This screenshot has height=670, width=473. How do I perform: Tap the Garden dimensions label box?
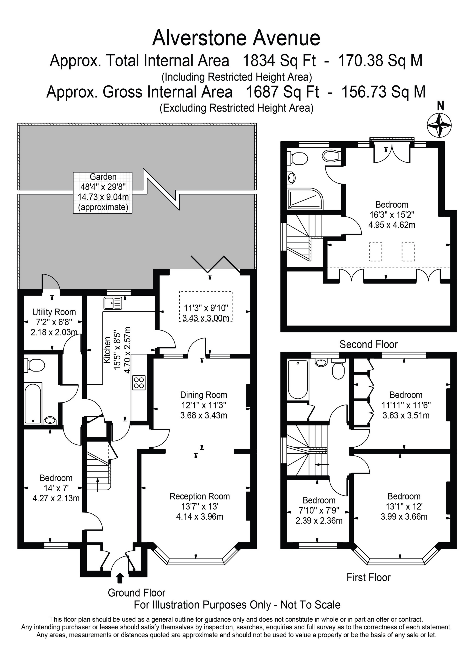(x=103, y=192)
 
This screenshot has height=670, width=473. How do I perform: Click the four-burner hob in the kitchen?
(x=139, y=382)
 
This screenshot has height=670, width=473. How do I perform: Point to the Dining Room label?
(x=203, y=395)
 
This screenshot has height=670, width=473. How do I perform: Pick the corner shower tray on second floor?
(x=305, y=199)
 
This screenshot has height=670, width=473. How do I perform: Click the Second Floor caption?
(x=368, y=344)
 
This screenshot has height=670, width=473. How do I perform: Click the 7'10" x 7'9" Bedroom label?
(x=319, y=500)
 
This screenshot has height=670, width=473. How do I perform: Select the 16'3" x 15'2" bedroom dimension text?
(x=392, y=215)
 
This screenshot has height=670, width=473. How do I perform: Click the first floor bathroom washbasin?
(x=321, y=362)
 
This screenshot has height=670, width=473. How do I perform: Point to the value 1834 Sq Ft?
(x=279, y=61)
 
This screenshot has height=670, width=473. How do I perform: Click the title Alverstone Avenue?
(x=236, y=38)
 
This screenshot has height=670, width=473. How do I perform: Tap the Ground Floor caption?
(x=136, y=593)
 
